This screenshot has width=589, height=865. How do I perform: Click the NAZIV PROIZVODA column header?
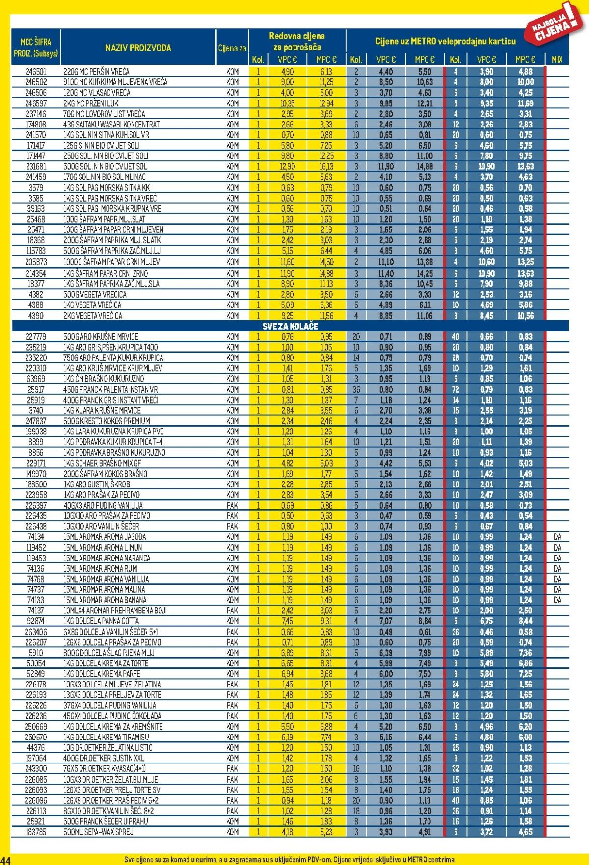pyautogui.click(x=138, y=48)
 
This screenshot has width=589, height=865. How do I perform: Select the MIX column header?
pyautogui.click(x=557, y=60)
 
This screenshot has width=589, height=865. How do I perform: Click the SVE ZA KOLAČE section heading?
pyautogui.click(x=290, y=326)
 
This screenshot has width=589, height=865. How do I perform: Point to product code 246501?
pyautogui.click(x=36, y=72)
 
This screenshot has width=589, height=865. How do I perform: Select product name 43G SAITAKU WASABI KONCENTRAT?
pyautogui.click(x=111, y=125)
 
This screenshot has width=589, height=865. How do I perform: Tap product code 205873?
pyautogui.click(x=36, y=262)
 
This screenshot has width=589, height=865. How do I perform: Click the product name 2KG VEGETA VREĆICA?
pyautogui.click(x=93, y=316)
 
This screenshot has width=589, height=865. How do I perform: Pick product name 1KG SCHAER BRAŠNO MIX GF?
pyautogui.click(x=102, y=463)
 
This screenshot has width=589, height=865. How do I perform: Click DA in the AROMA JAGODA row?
pyautogui.click(x=557, y=537)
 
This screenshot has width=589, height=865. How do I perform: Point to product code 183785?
pyautogui.click(x=36, y=832)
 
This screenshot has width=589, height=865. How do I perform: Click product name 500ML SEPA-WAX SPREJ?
pyautogui.click(x=98, y=832)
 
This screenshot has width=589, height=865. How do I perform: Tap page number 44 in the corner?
pyautogui.click(x=6, y=860)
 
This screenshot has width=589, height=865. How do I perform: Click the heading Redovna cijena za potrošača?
pyautogui.click(x=297, y=42)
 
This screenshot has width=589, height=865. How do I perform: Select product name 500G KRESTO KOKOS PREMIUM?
pyautogui.click(x=107, y=421)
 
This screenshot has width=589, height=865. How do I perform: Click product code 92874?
pyautogui.click(x=36, y=621)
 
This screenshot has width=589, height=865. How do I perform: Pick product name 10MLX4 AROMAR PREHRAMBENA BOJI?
pyautogui.click(x=115, y=611)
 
